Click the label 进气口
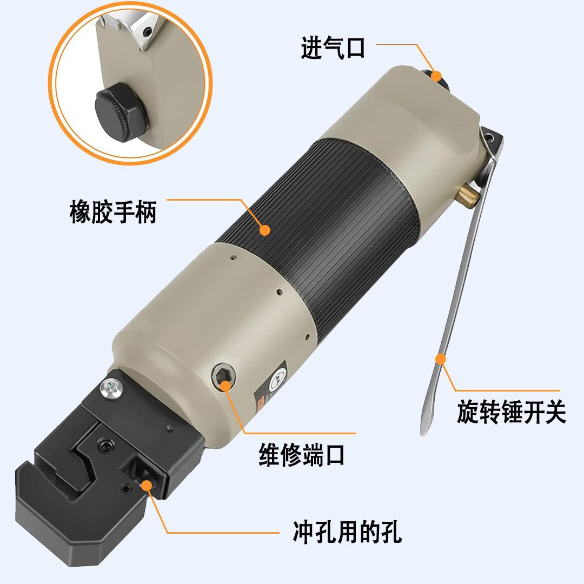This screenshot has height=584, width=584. (333, 48)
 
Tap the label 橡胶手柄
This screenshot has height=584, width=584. (112, 211)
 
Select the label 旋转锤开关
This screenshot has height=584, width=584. (510, 413)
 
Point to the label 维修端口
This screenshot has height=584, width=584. (301, 455)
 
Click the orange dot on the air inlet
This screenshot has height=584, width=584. (436, 76)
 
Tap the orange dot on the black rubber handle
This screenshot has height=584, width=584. (264, 230)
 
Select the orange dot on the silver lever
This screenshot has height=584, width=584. (441, 358)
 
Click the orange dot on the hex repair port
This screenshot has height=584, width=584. (225, 385)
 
